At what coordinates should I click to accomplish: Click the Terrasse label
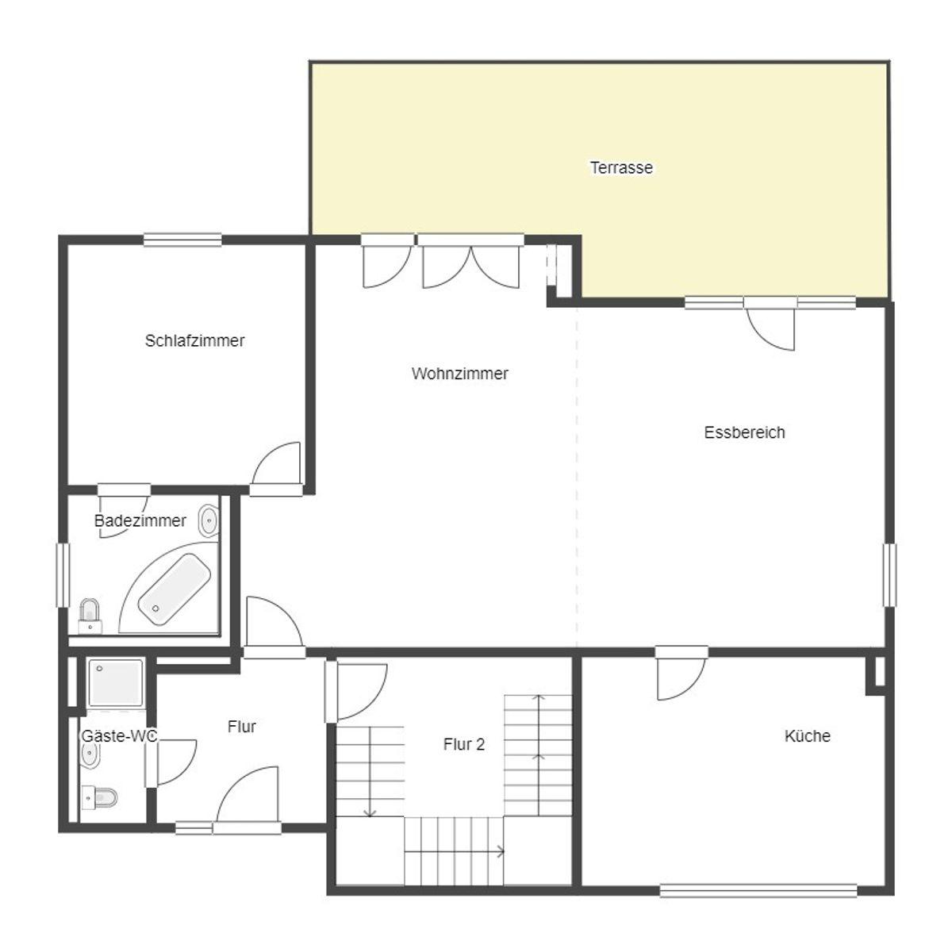621,167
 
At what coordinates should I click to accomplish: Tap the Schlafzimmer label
194,340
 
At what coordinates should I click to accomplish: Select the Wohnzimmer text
459,374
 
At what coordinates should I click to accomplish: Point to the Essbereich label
744,432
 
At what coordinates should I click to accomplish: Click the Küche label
808,736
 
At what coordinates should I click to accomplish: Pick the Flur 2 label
464,744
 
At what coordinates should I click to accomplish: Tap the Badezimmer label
140,520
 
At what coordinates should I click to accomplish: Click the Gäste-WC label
119,736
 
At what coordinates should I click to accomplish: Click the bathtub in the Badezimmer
174,589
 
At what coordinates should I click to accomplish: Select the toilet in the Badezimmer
90,616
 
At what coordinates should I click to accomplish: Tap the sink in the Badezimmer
209,520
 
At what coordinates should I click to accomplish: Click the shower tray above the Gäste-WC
116,683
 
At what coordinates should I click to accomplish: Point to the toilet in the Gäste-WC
100,797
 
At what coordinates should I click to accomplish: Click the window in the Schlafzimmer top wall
182,240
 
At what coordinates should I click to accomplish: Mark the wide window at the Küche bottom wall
758,890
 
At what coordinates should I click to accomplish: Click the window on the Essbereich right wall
889,574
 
